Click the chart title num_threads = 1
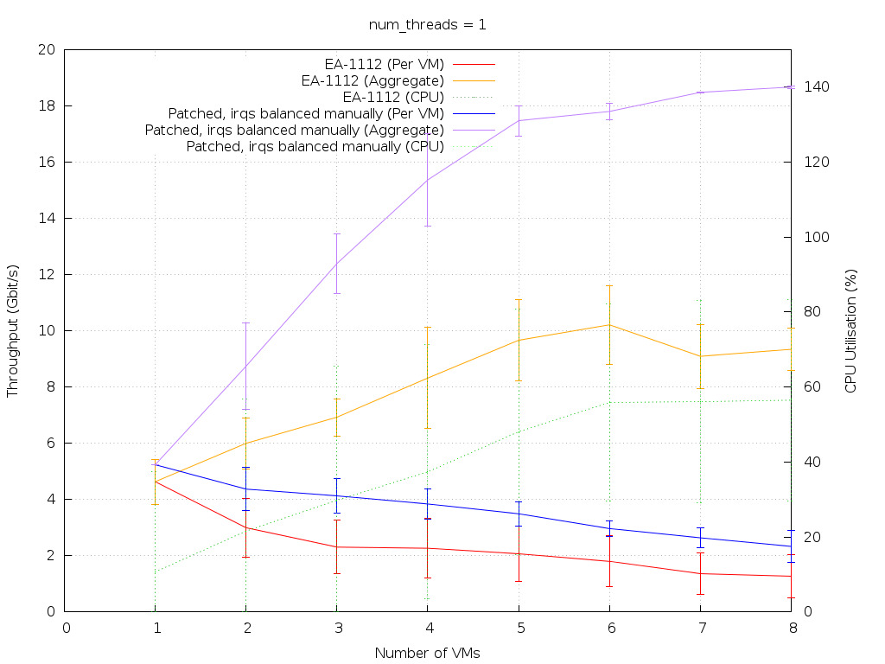(x=428, y=24)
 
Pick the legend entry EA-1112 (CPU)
(x=393, y=97)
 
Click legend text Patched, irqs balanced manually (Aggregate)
(x=295, y=130)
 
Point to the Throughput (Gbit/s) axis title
(x=13, y=330)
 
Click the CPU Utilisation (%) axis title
(x=850, y=330)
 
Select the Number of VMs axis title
(x=427, y=653)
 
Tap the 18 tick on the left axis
(x=48, y=106)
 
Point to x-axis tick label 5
(x=519, y=628)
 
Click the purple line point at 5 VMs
(x=519, y=120)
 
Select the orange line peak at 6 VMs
(x=609, y=325)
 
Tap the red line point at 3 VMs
(x=337, y=546)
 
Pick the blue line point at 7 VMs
(x=700, y=538)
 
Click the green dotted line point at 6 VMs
(x=609, y=402)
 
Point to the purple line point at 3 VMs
(x=337, y=263)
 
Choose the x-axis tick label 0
(x=66, y=628)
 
